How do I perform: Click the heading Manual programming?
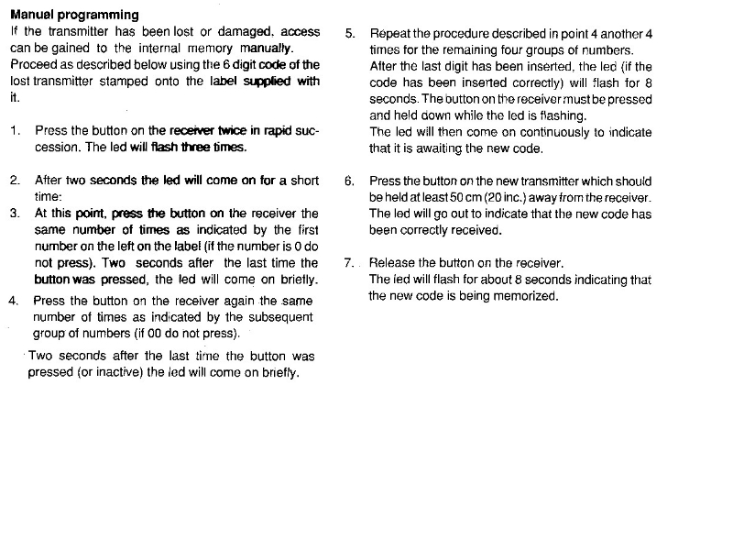(74, 15)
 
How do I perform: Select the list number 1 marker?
(16, 131)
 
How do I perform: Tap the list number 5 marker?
(350, 34)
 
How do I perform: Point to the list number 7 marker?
(350, 263)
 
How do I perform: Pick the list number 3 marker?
(16, 213)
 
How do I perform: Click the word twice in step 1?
(224, 131)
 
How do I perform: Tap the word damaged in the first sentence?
(235, 31)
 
